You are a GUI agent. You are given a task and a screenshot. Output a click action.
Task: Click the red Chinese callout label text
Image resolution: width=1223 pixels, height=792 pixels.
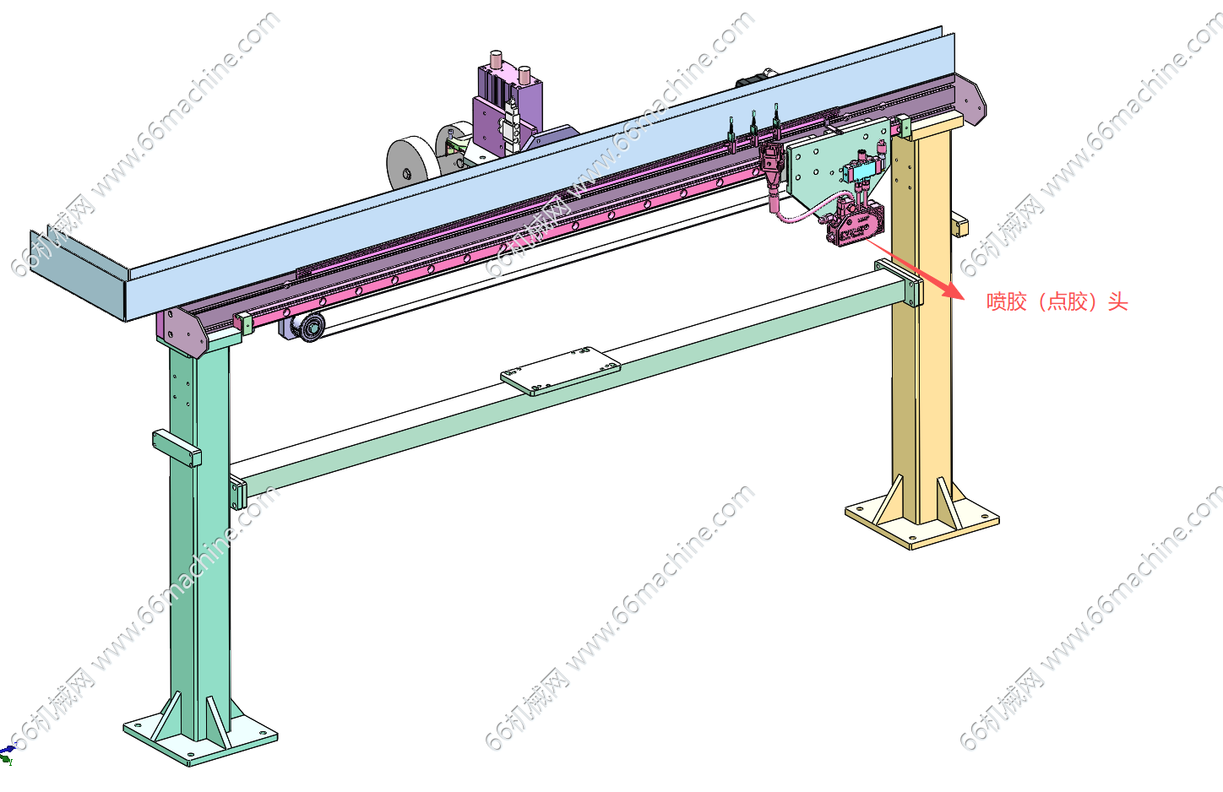click(1057, 301)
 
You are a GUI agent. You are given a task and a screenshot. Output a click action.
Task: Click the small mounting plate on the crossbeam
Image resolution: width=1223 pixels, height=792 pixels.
click(561, 371)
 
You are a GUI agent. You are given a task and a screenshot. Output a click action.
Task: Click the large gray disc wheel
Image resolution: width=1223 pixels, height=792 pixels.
click(413, 164)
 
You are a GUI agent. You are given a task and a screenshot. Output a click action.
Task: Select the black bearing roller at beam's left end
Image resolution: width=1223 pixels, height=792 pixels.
click(310, 328)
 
